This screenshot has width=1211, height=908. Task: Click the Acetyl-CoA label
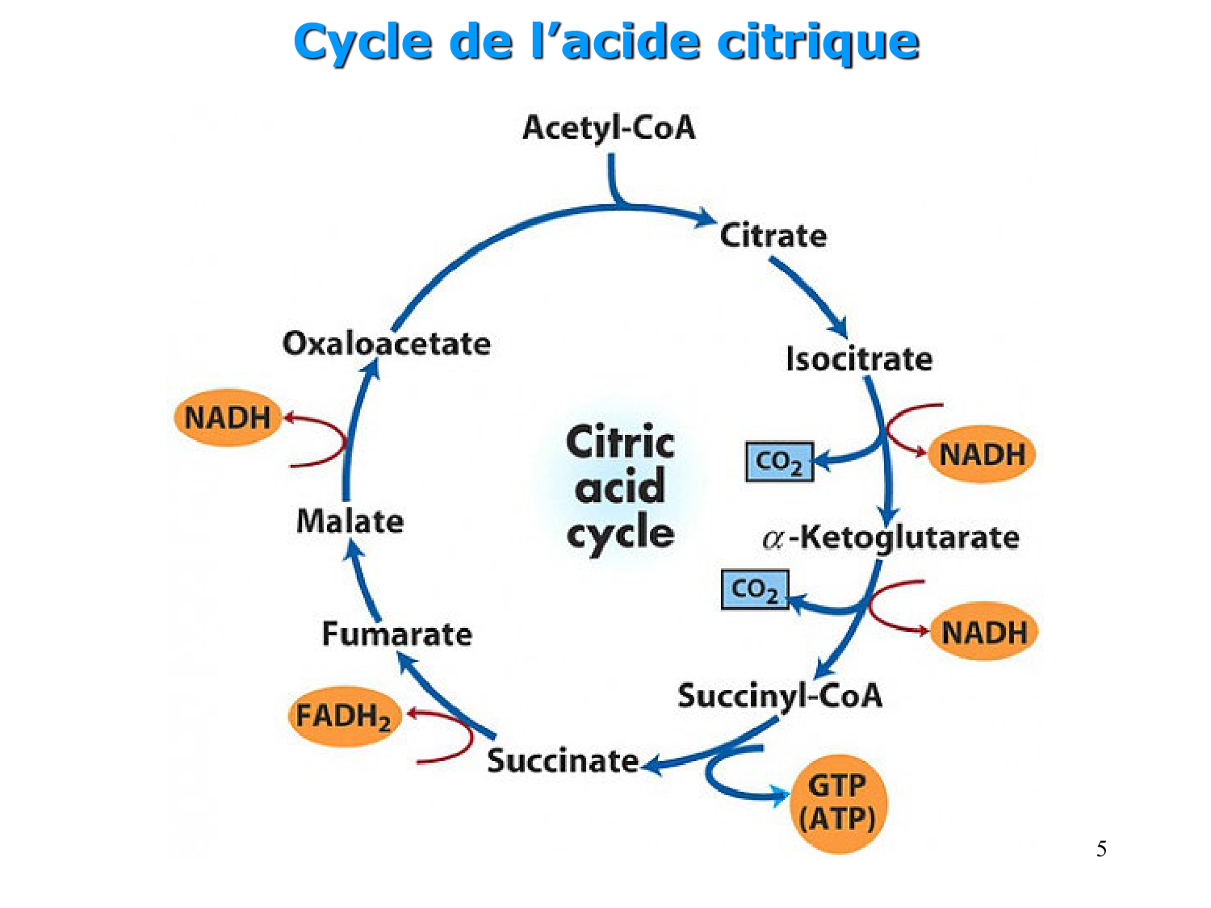pos(609,128)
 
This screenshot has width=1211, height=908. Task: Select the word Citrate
pos(773,236)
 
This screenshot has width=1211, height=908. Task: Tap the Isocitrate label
pos(859,359)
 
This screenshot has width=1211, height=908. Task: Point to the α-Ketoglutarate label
pos(891,538)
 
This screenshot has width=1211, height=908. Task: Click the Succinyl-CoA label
pos(779,696)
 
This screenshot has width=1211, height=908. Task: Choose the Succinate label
pos(563,761)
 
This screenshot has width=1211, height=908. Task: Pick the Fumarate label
pos(396,634)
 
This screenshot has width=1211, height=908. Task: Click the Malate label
pos(350,521)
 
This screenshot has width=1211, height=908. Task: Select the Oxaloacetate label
pos(386,344)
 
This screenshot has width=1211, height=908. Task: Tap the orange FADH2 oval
pos(344,717)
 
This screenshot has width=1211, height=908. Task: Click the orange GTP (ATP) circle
pos(837,803)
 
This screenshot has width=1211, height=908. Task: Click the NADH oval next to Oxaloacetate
pos(228,418)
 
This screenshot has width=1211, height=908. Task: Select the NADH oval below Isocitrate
pos(982,454)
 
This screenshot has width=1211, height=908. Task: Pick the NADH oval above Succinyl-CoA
pos(983,632)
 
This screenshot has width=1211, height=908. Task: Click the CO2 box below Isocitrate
pos(778,462)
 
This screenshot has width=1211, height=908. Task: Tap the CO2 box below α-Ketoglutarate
pos(754,589)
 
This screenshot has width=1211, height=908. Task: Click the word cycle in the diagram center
pos(620,534)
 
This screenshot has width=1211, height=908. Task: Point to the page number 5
pos(1101,849)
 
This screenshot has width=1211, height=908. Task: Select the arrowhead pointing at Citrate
pos(707,218)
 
